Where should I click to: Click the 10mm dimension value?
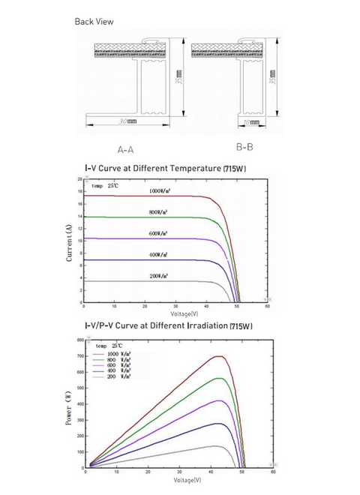click(253, 120)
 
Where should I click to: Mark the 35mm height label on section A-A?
click(178, 78)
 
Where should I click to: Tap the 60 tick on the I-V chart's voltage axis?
click(268, 307)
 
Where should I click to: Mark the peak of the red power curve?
click(219, 356)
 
